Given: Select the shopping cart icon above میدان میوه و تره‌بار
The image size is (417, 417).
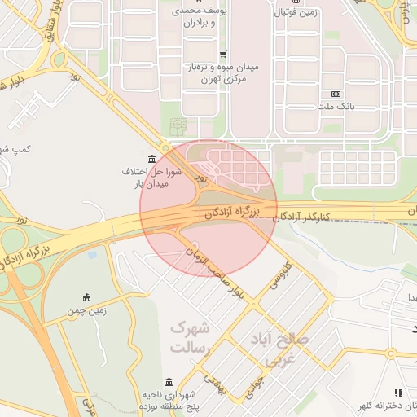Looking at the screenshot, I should coord(222,54).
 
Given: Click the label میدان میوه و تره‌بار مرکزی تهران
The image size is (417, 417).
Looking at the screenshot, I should coord(222,72).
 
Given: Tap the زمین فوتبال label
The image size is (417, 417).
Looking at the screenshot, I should coord(294,13).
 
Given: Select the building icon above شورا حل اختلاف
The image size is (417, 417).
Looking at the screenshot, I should coord(152,158).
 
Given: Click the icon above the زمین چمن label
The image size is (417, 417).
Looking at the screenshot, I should coord(87,297).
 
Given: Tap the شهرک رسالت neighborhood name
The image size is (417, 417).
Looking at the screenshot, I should coord(190,337).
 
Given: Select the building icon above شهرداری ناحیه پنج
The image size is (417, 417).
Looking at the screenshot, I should coord(169,382).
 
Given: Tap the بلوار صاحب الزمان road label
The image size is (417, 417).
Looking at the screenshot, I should coord(214,272).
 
